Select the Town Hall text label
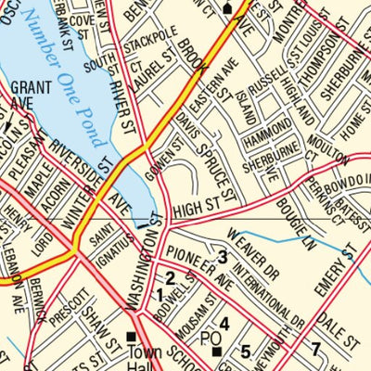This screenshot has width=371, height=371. tap(145, 358)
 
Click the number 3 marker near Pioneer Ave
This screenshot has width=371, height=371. tap(222, 257)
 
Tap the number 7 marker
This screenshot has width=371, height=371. tap(315, 350)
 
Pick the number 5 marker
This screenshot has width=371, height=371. tap(245, 352)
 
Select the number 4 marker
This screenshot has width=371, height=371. tap(224, 324)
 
